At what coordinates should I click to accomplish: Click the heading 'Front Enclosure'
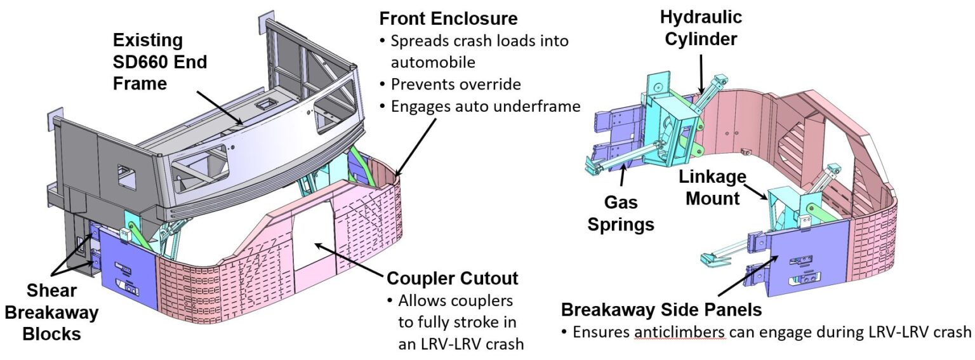(x=448, y=17)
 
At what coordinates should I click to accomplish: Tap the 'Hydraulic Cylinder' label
(x=700, y=27)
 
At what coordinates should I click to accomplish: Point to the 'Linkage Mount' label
(x=710, y=187)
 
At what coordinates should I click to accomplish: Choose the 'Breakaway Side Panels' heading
(x=661, y=310)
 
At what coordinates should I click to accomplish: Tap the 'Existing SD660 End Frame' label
(x=160, y=62)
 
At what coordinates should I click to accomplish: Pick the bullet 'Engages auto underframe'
(x=486, y=106)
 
